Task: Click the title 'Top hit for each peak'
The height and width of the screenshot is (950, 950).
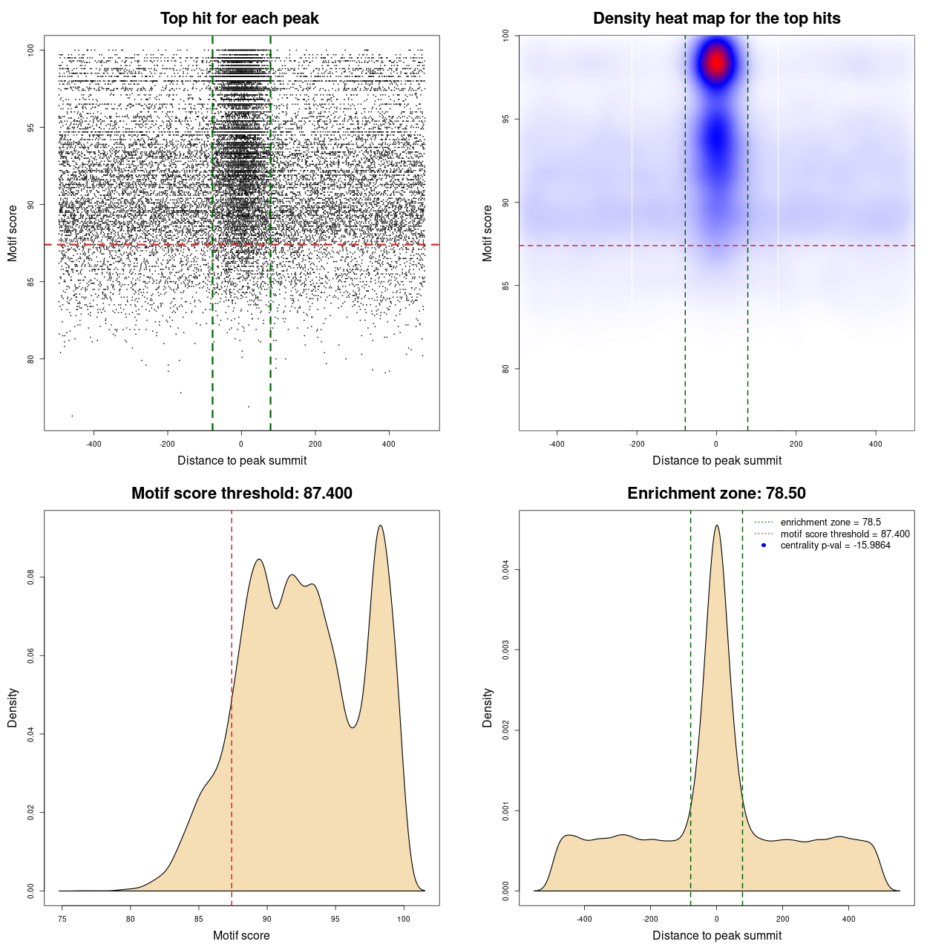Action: (239, 19)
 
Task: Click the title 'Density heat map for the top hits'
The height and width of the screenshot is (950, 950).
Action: (716, 19)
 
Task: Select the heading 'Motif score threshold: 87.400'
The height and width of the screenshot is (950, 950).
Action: (241, 494)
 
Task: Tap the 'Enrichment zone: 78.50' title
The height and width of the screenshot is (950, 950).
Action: (716, 494)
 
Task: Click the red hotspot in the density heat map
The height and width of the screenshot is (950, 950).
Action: (716, 62)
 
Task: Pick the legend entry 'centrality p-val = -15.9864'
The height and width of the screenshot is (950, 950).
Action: (835, 546)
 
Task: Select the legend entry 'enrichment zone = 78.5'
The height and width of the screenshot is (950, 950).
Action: (831, 522)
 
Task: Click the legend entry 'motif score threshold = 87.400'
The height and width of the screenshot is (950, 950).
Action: (845, 534)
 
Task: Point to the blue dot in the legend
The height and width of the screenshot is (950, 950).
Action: (764, 546)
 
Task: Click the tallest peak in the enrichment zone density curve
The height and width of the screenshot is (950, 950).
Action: (716, 526)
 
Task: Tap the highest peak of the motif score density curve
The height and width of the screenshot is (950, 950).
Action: (381, 526)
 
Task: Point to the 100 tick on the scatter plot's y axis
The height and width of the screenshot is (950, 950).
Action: (30, 50)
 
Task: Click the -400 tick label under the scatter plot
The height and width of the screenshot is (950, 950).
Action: (94, 444)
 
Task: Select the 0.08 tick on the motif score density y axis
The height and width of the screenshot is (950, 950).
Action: (30, 577)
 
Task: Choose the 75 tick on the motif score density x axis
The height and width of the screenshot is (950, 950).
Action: (62, 919)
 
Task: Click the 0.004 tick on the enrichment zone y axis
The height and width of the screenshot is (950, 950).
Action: (505, 570)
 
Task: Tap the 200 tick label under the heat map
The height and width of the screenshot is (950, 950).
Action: (796, 444)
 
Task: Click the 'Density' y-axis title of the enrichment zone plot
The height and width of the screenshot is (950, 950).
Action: (488, 707)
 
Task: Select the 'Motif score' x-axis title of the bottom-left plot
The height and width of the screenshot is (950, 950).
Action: (241, 935)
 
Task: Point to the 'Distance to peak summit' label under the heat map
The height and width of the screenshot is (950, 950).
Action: (716, 460)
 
